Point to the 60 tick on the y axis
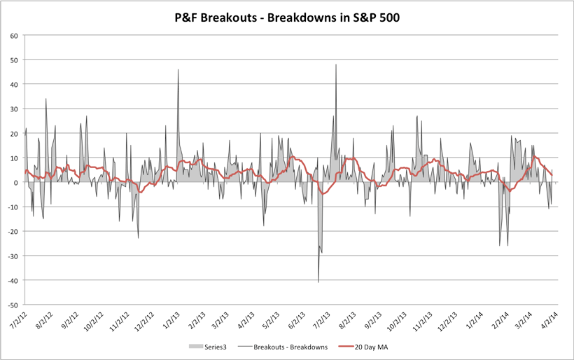(13, 35)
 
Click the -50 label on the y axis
(12, 305)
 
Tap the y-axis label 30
(13, 109)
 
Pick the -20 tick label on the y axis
(12, 232)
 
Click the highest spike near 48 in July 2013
(336, 65)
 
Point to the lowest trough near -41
(318, 282)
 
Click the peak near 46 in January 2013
(178, 70)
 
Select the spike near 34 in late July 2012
(46, 99)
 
